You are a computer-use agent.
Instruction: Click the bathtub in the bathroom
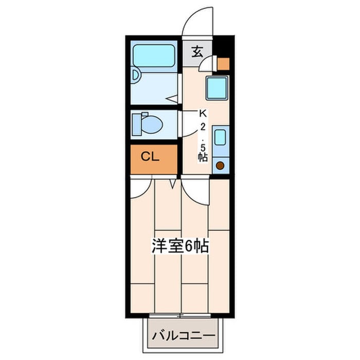[x=154, y=56]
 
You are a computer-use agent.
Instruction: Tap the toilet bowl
[x=152, y=124]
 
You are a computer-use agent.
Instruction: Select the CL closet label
[x=150, y=157]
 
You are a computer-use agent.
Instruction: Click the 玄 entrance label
[x=197, y=52]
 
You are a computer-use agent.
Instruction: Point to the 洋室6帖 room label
[x=180, y=246]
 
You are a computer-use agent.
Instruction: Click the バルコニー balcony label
[x=184, y=336]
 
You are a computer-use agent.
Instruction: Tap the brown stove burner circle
[x=220, y=166]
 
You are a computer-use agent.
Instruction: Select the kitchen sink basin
[x=220, y=137]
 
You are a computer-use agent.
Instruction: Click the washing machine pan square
[x=217, y=88]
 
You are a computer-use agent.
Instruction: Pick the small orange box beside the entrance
[x=223, y=64]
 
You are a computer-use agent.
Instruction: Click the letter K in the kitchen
[x=203, y=114]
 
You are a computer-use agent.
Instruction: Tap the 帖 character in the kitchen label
[x=203, y=157]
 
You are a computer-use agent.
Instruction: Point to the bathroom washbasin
[x=135, y=75]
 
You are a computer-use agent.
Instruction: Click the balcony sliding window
[x=180, y=316]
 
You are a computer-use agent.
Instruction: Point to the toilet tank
[x=137, y=125]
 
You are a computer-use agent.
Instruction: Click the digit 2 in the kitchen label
[x=203, y=127]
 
